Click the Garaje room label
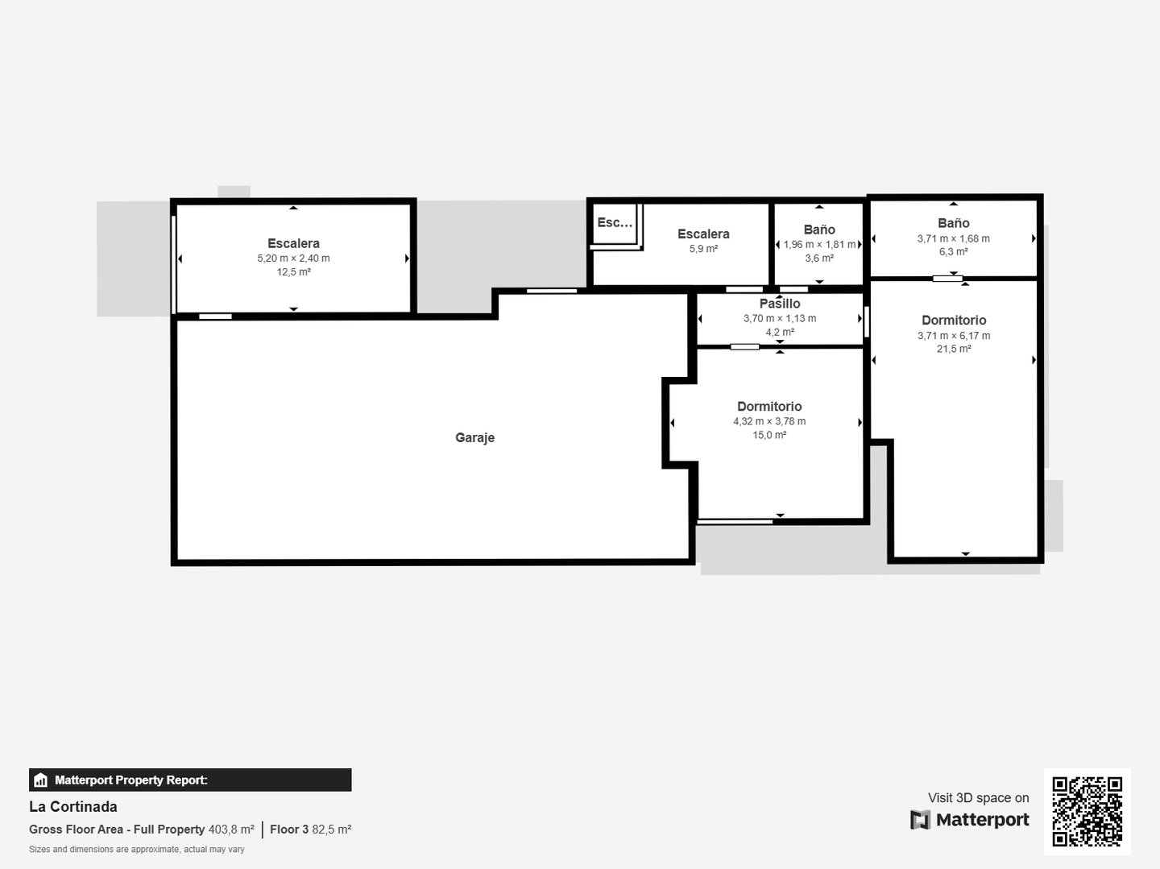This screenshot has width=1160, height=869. [474, 438]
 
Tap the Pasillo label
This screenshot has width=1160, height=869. [780, 304]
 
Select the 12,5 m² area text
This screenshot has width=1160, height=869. [293, 272]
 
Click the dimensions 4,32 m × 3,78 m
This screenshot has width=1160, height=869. [769, 421]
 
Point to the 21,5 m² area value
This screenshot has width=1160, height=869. [953, 349]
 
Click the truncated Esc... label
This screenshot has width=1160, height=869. [615, 222]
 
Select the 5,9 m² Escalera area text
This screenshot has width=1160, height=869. [703, 249]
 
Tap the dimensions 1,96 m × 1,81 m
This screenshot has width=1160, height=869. [819, 245]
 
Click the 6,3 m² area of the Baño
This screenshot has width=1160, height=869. [953, 252]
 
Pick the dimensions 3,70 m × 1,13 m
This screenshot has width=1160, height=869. [780, 319]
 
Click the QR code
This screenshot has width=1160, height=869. [1087, 812]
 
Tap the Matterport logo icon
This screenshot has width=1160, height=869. [920, 820]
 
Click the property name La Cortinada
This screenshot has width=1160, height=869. [73, 807]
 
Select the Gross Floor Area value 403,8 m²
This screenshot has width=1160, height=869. [231, 830]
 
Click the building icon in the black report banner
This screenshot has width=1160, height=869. [41, 780]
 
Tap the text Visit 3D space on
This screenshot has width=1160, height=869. [978, 797]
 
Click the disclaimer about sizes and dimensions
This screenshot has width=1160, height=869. [137, 850]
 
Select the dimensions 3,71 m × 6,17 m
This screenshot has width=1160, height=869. [953, 336]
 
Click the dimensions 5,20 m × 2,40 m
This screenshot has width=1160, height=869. [293, 259]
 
